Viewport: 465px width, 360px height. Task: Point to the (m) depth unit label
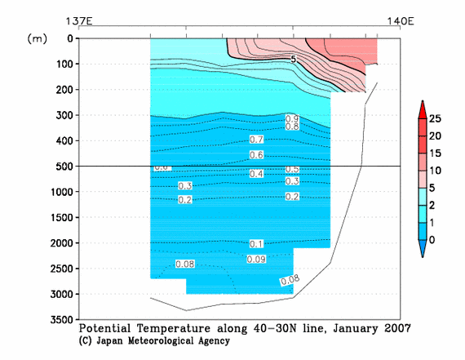click(x=38, y=38)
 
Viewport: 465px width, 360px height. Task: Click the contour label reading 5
click(x=293, y=60)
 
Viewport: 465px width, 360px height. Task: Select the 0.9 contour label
click(x=292, y=119)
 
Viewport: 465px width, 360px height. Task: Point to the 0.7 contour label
click(x=256, y=140)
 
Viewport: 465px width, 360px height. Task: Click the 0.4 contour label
click(x=256, y=174)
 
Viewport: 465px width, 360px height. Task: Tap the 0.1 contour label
click(x=256, y=244)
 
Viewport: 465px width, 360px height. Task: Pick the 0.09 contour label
click(x=256, y=259)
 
